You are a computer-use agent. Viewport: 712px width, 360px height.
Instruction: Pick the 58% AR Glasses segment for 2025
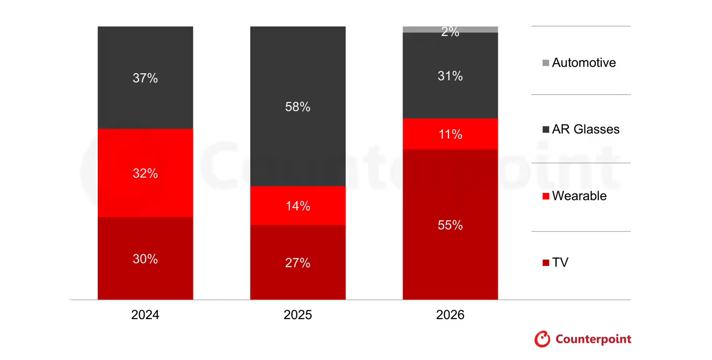click(x=297, y=106)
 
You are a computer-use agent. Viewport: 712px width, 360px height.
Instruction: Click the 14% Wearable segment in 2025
click(x=297, y=205)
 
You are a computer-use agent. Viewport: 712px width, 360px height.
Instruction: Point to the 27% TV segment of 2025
click(x=297, y=262)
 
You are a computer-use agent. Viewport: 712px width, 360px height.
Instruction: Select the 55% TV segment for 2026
click(x=450, y=225)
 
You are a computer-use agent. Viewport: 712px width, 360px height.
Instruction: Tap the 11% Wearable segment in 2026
click(x=450, y=133)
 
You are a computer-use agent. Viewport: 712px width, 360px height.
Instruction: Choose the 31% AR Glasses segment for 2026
click(x=450, y=75)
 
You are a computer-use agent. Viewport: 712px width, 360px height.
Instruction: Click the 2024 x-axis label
click(x=145, y=315)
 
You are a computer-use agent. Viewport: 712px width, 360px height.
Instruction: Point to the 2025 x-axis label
click(x=297, y=315)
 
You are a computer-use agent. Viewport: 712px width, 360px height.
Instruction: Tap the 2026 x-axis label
click(x=450, y=315)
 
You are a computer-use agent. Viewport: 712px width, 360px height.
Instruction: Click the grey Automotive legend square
click(x=546, y=63)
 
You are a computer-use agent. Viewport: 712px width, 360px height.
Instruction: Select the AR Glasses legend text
click(x=585, y=129)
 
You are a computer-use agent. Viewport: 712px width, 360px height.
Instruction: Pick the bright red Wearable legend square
click(x=546, y=196)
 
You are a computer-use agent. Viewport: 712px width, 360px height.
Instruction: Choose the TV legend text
click(x=560, y=262)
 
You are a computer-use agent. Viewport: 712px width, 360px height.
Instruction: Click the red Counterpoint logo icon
click(x=542, y=339)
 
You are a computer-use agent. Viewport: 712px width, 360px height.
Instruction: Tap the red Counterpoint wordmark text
click(x=593, y=340)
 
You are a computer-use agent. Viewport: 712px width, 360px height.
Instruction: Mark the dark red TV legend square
click(x=546, y=262)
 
